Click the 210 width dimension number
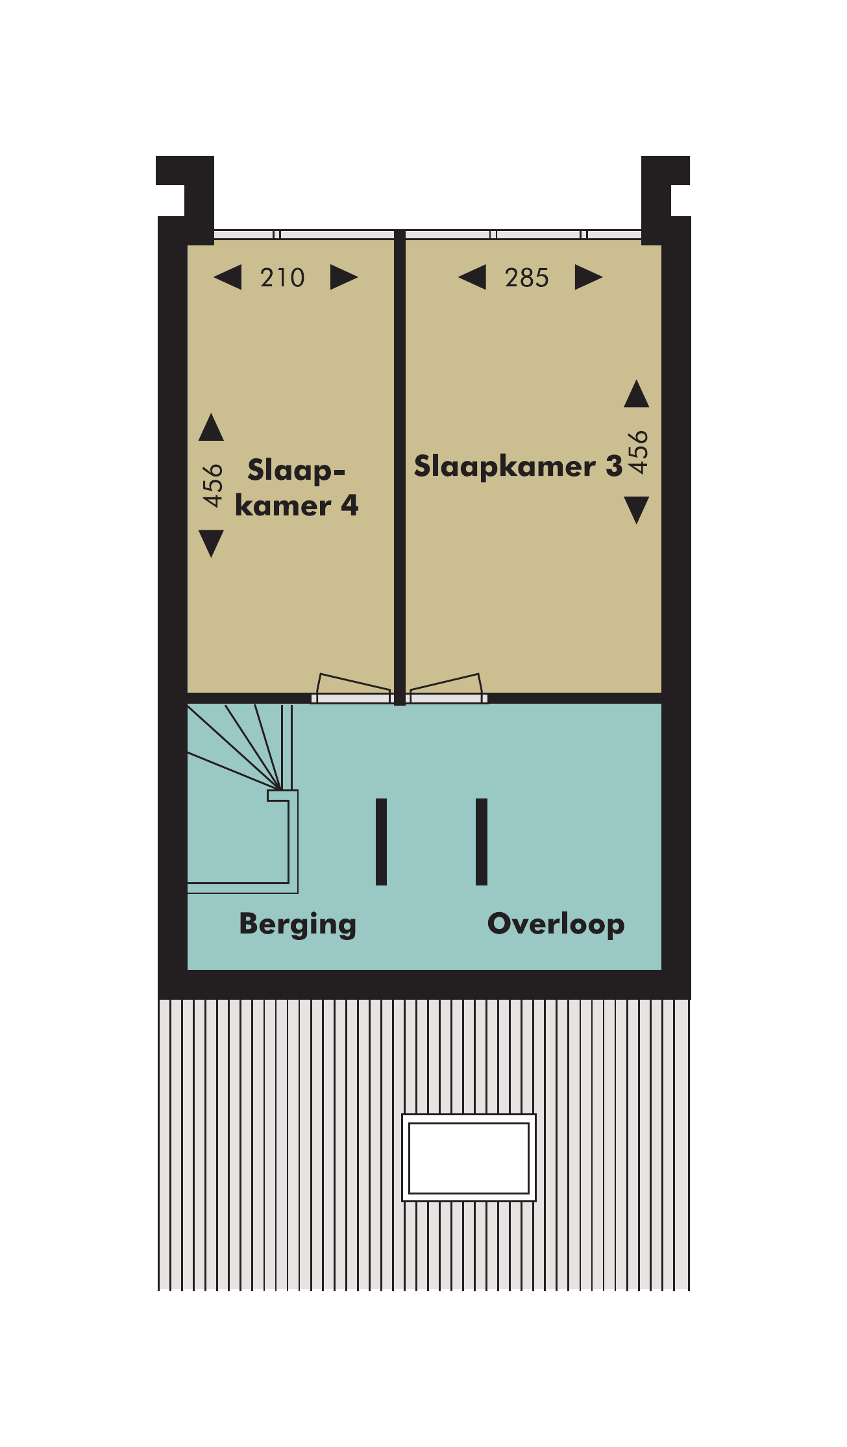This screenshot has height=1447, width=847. [282, 278]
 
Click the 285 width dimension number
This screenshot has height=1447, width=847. [527, 278]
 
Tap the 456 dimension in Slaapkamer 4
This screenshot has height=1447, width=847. [212, 485]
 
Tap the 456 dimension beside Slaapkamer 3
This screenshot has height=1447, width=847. [638, 452]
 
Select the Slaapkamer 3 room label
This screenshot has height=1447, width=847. [518, 467]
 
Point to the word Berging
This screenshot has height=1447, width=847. [298, 924]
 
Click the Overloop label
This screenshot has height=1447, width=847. [556, 924]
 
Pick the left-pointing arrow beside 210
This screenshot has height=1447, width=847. [228, 277]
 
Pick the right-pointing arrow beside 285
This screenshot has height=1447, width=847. [589, 277]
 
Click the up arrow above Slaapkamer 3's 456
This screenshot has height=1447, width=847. [637, 394]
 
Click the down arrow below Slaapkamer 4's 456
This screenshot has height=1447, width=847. [212, 543]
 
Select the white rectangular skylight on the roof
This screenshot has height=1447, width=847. [469, 1158]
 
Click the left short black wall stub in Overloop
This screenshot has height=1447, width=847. [381, 842]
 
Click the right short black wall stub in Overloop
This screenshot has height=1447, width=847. [481, 842]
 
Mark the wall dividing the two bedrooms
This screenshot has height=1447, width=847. [400, 467]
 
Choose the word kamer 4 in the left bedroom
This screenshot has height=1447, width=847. [297, 506]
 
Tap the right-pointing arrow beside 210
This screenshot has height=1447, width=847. [344, 277]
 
